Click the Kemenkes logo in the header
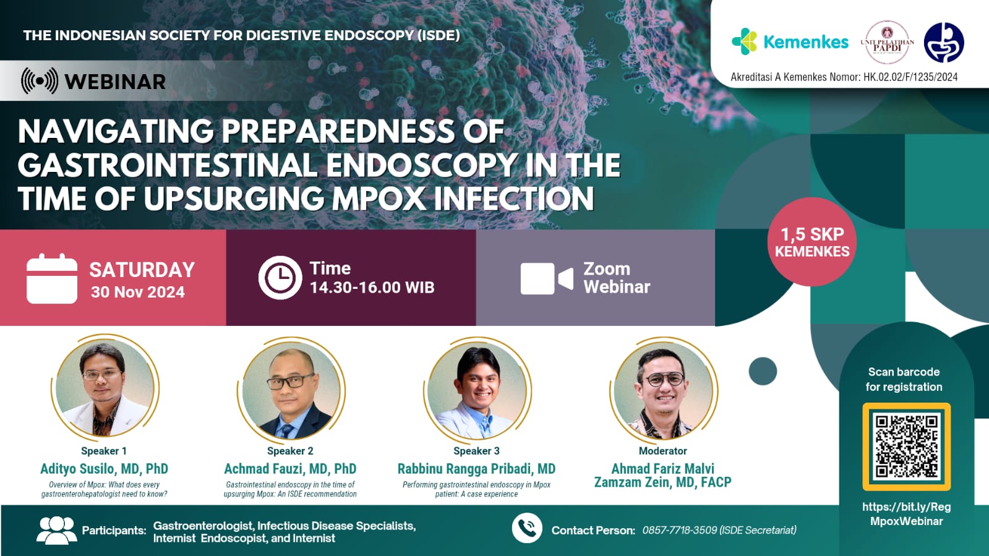790,41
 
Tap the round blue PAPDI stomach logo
943,43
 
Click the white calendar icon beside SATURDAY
52,278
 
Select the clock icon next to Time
280,278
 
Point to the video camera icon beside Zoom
547,278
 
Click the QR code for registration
906,447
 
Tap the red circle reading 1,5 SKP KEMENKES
812,242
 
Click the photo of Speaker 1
105,388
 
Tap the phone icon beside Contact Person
527,528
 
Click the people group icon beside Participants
56,530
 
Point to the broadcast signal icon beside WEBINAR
40,81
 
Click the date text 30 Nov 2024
137,292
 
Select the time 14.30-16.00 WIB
372,288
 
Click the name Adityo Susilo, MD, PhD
104,469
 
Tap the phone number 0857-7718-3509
679,530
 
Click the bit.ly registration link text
906,513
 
